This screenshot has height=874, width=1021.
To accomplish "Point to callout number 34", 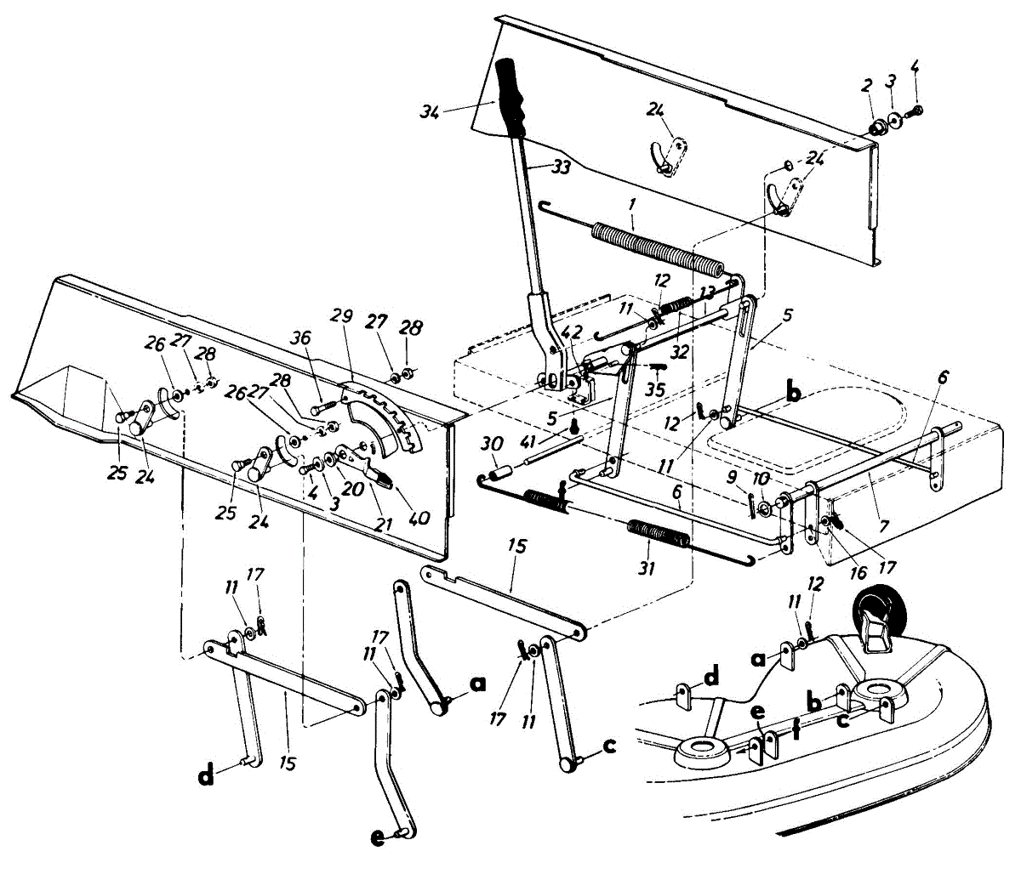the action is pyautogui.click(x=429, y=112).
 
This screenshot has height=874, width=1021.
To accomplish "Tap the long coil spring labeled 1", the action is pyautogui.click(x=658, y=250).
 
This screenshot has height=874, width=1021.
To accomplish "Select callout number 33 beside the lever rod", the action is pyautogui.click(x=561, y=167).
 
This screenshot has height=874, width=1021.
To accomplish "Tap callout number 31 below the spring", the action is pyautogui.click(x=646, y=569).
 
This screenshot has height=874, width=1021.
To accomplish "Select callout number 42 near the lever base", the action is pyautogui.click(x=572, y=333).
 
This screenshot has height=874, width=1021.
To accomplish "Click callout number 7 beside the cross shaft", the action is pyautogui.click(x=885, y=526).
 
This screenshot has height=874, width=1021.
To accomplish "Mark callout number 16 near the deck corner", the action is pyautogui.click(x=858, y=572).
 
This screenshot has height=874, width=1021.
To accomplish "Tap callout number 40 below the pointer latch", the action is pyautogui.click(x=419, y=518).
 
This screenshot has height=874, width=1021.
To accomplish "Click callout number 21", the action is pyautogui.click(x=384, y=524).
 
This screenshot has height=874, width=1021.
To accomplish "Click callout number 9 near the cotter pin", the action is pyautogui.click(x=732, y=477).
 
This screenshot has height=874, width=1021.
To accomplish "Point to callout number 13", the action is pyautogui.click(x=706, y=292).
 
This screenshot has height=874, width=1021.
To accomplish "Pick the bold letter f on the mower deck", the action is pyautogui.click(x=796, y=729).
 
